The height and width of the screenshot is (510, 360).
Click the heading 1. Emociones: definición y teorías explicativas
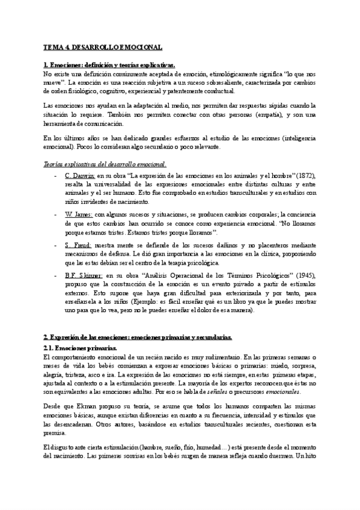point(110,64)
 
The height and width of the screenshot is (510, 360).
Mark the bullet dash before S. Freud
point(55,245)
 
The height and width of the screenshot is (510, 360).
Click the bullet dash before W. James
point(55,214)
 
